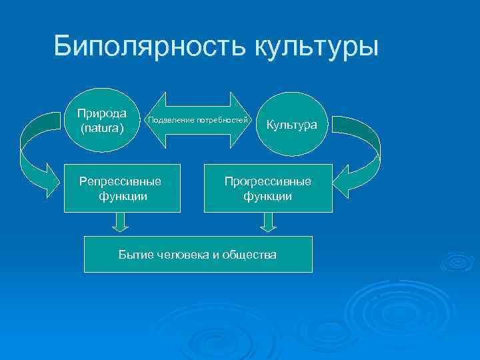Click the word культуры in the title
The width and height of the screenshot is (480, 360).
pos(316,47)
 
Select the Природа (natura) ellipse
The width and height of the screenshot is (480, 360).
pos(102,120)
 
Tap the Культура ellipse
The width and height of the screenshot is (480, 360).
pos(293,125)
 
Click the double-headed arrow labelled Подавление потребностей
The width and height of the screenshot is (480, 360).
pos(197,120)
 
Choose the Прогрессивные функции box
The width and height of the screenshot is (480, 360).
pos(268,189)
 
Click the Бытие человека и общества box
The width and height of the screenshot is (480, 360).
pos(198,254)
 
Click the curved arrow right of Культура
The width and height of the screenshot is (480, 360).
pos(361,157)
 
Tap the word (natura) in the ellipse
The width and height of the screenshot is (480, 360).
pos(102,127)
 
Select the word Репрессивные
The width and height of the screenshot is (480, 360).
pos(120,181)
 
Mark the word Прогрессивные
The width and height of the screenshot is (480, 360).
pos(267,181)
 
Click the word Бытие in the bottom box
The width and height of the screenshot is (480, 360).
pos(133,255)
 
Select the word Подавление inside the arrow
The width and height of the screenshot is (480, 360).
pos(171,120)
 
